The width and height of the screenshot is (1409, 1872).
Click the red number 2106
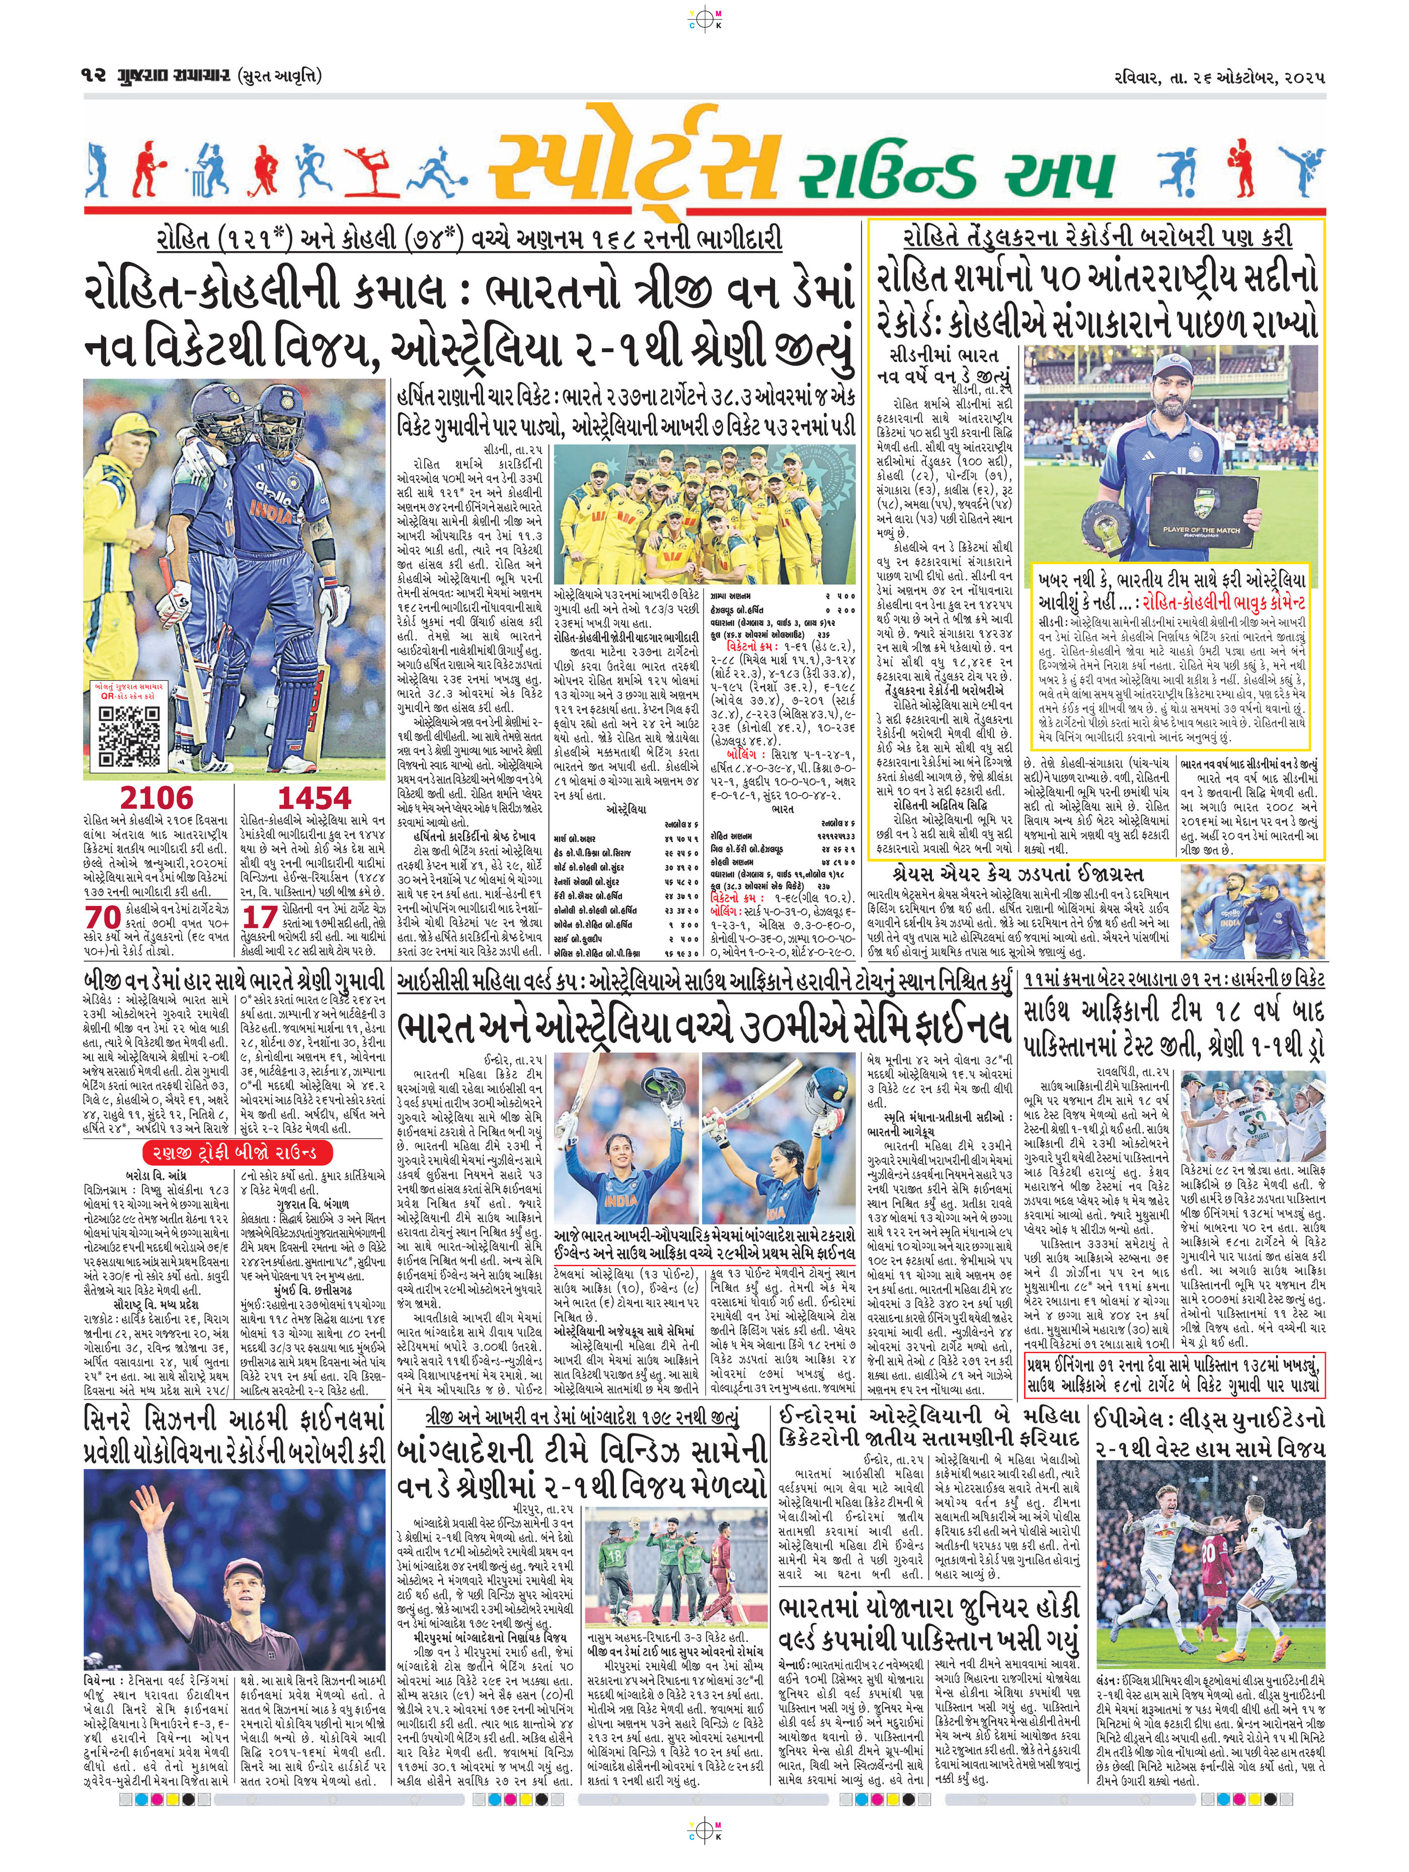tap(156, 797)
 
